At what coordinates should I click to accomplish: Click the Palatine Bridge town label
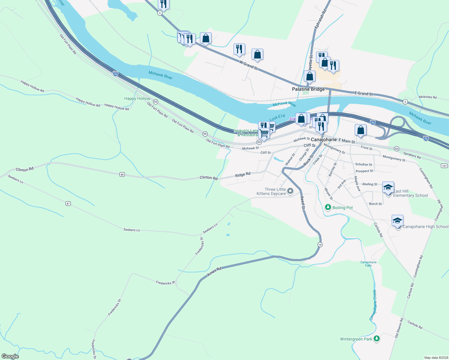[308, 89]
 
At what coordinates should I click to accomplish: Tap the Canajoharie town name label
[324, 140]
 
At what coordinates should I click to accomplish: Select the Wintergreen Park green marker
[377, 339]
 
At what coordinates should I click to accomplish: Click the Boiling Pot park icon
[328, 207]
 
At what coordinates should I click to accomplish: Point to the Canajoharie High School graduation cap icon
[397, 221]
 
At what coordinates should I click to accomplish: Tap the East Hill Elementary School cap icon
[388, 187]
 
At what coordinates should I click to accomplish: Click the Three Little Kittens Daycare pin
[290, 191]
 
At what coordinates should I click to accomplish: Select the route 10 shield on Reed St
[320, 244]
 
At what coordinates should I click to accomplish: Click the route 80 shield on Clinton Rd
[122, 174]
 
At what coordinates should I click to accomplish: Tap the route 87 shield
[68, 203]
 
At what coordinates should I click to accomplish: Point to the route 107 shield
[444, 166]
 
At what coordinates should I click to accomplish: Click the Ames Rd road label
[214, 271]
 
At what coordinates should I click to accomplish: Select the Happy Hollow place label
[137, 98]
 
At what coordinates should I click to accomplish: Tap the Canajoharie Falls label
[369, 264]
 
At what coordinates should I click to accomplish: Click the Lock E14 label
[277, 118]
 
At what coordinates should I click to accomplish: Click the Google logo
[10, 356]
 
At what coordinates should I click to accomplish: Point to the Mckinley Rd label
[428, 97]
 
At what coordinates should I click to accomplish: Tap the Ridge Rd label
[243, 175]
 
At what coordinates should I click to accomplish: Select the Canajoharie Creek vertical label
[373, 305]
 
